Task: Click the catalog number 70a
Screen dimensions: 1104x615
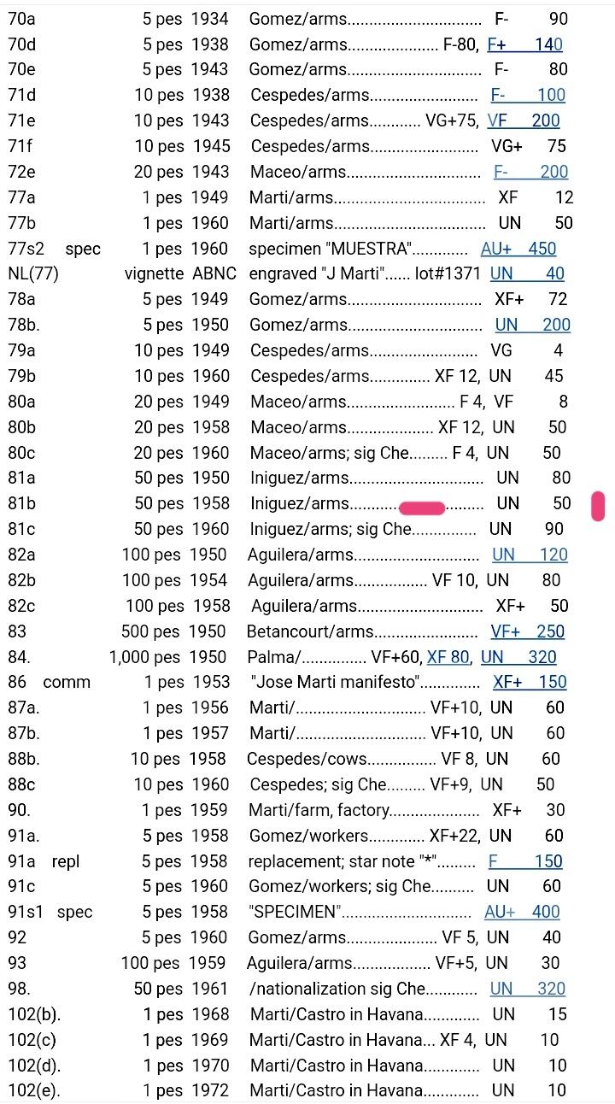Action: [x=22, y=19]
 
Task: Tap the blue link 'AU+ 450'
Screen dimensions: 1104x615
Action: [x=518, y=249]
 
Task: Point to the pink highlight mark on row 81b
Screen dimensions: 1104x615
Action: [x=422, y=508]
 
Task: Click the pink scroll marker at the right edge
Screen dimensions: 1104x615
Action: [x=598, y=506]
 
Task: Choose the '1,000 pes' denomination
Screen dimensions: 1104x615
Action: [x=144, y=657]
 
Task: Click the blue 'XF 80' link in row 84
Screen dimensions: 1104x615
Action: [x=448, y=657]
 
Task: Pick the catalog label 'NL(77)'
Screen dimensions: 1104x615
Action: [x=32, y=274]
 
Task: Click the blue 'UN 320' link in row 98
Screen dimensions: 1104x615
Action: [x=527, y=989]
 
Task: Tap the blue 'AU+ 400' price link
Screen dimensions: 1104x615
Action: [x=522, y=913]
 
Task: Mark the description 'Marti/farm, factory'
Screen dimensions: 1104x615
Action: [x=319, y=810]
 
